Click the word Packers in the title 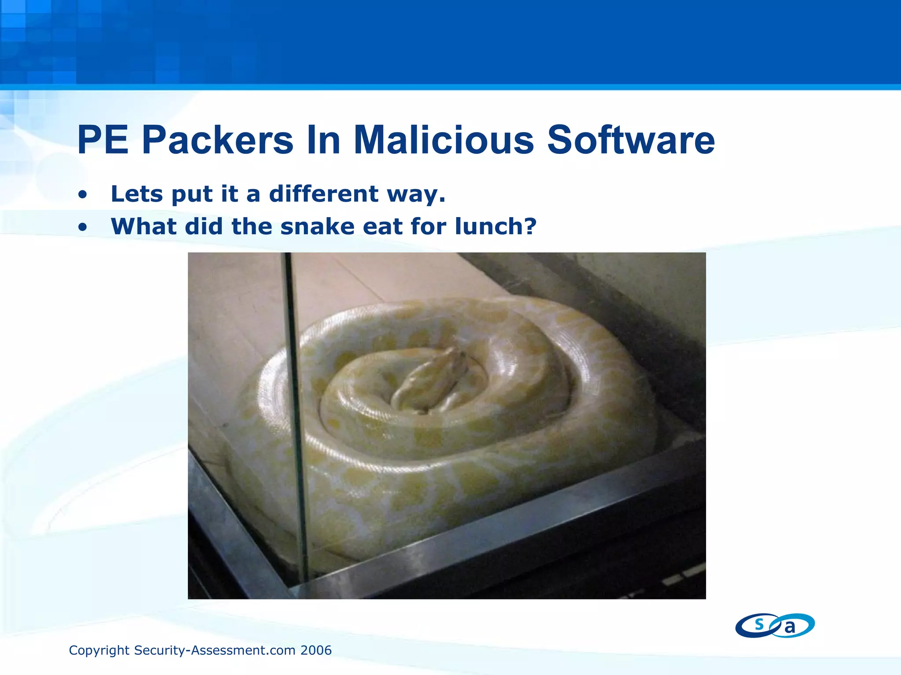[x=217, y=141]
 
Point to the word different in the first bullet [x=324, y=194]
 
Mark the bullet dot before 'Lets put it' [x=82, y=195]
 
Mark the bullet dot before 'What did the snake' [x=82, y=228]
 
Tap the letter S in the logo [x=759, y=624]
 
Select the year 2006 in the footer [x=316, y=650]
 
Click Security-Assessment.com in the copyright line [x=215, y=650]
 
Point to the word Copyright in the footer [x=99, y=650]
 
